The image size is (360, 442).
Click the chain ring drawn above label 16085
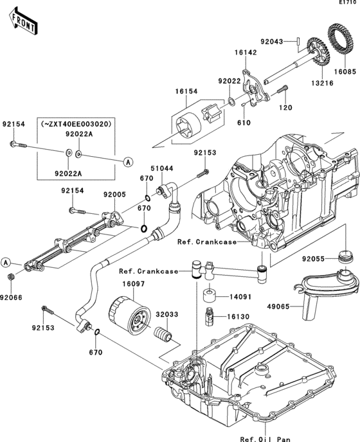click(339, 38)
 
